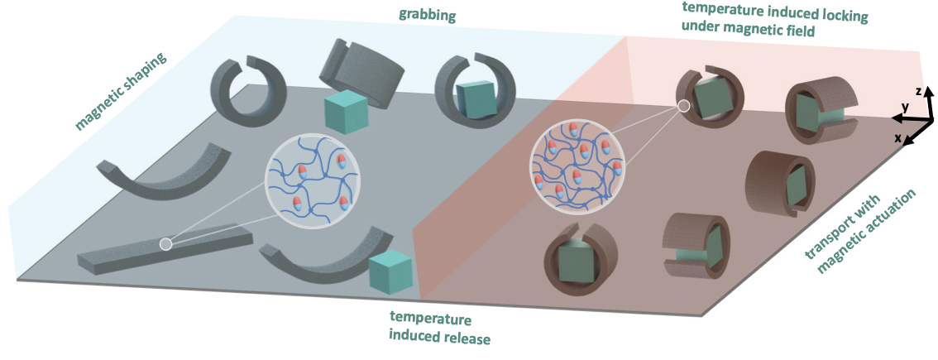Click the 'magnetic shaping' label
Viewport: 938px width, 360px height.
click(121, 93)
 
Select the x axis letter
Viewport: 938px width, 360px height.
click(897, 138)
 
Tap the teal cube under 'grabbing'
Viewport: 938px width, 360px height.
click(345, 112)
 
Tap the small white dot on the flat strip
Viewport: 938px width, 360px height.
click(165, 244)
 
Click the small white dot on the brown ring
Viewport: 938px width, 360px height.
click(683, 106)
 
